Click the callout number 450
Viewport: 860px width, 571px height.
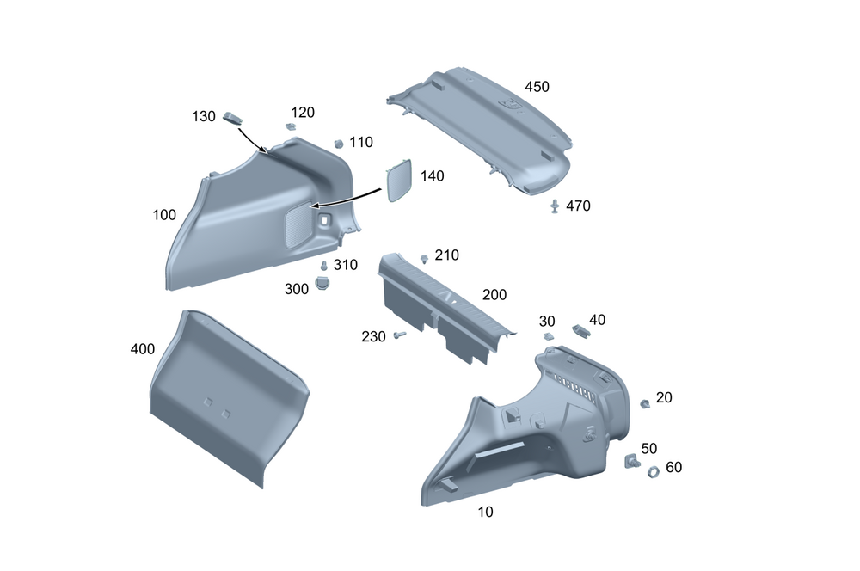[537, 87]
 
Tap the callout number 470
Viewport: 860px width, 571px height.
[578, 206]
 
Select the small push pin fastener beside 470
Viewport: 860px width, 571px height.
[555, 206]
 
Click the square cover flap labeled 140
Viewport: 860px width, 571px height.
[399, 180]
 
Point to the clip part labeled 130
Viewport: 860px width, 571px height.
[232, 118]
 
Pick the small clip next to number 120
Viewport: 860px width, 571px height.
[291, 126]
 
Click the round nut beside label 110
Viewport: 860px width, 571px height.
[338, 144]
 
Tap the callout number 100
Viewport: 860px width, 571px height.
[164, 214]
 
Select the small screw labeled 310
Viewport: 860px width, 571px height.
[323, 266]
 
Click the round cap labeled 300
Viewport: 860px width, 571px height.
[322, 283]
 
